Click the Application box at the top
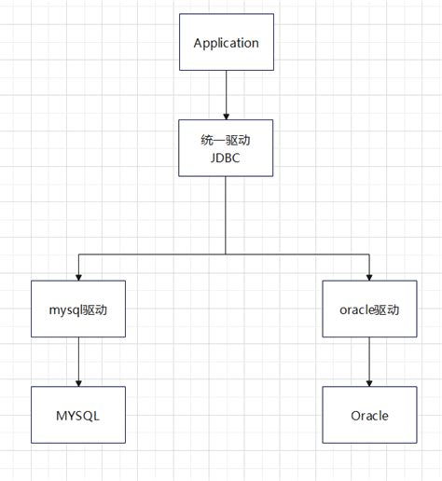tap(226, 43)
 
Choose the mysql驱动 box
tap(78, 309)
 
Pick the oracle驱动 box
tap(370, 309)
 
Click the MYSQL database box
tap(78, 415)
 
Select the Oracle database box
tap(370, 415)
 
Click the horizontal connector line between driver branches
tap(149, 254)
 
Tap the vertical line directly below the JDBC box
tap(226, 214)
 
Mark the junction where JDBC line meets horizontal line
tap(226, 254)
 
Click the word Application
tap(226, 43)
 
